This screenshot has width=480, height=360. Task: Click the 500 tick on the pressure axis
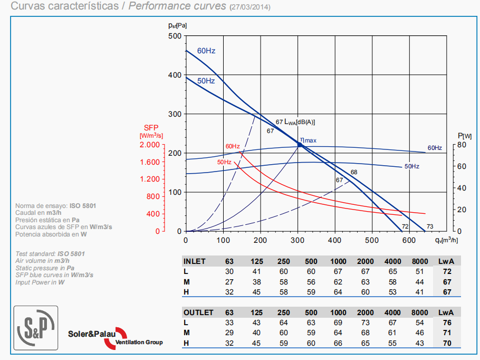(x=175, y=36)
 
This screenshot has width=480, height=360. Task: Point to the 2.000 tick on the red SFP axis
(x=150, y=145)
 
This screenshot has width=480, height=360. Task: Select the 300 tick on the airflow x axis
(x=298, y=240)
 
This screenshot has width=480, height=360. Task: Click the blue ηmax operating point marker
(x=300, y=145)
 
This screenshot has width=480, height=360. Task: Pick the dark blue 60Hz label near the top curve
(x=206, y=51)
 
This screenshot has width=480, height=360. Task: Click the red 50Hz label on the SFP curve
(x=225, y=162)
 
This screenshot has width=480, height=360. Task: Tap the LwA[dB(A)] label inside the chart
(x=300, y=122)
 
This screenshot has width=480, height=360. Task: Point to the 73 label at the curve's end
(x=430, y=226)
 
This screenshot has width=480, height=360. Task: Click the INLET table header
(x=195, y=261)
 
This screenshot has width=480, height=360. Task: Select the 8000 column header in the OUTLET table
(x=419, y=312)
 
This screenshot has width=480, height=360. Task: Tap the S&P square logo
(x=36, y=328)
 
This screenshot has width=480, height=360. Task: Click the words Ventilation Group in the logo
(x=139, y=343)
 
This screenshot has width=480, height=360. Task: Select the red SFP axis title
(x=151, y=128)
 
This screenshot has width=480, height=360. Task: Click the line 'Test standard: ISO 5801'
(x=51, y=254)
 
